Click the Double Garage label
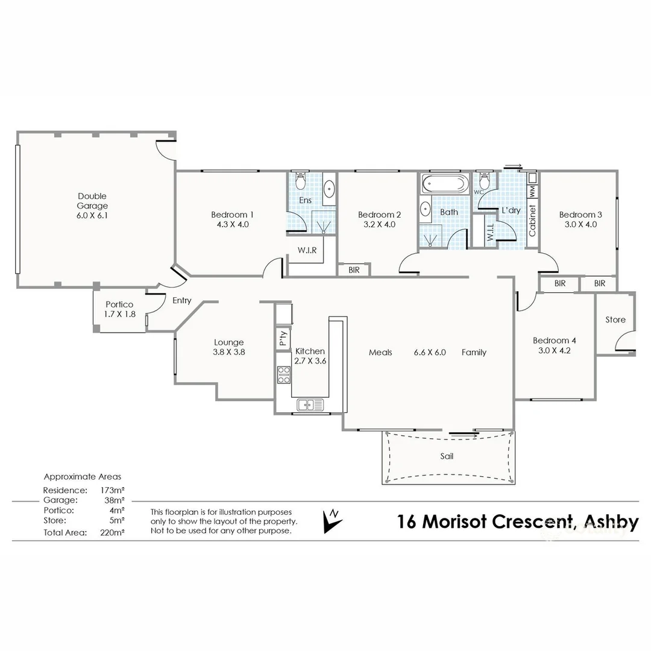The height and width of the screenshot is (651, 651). click(x=92, y=201)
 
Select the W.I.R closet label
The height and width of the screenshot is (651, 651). click(x=307, y=250)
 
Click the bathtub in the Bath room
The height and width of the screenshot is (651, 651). click(x=444, y=184)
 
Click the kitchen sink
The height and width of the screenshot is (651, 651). click(x=310, y=404)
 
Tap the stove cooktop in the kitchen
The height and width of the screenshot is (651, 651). click(x=283, y=375)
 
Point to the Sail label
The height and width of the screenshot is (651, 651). click(x=447, y=456)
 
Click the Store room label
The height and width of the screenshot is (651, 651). click(x=615, y=319)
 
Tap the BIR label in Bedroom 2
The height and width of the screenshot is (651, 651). click(x=354, y=270)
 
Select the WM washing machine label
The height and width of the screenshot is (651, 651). click(x=532, y=191)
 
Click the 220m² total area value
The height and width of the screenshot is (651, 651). click(x=112, y=532)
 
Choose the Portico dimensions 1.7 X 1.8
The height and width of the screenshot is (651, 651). click(x=119, y=314)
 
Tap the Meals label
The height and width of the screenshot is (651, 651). click(x=380, y=352)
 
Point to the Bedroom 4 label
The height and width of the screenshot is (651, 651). click(x=551, y=340)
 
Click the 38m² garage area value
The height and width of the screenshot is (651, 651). click(x=114, y=500)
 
